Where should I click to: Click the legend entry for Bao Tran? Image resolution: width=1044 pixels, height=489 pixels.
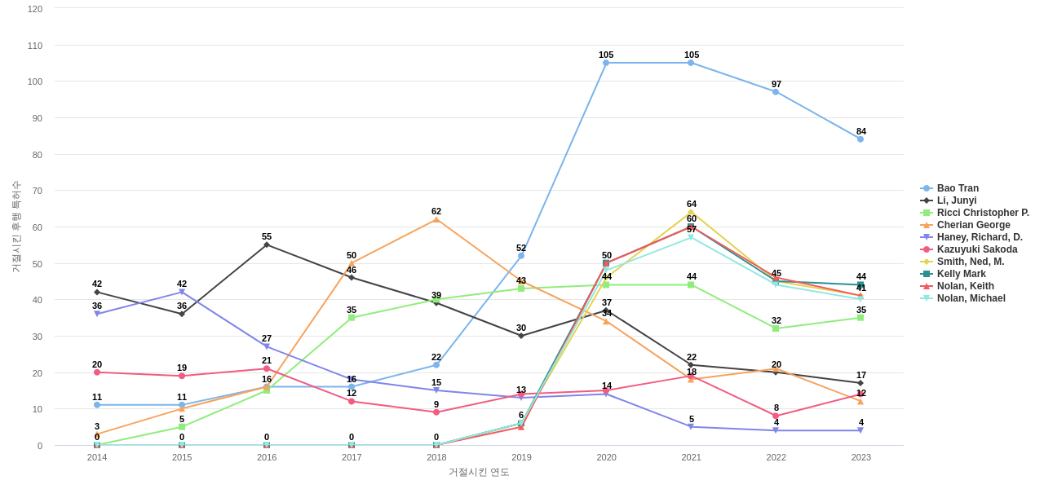coord(957,188)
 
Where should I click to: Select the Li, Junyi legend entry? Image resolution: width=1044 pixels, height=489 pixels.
coord(956,200)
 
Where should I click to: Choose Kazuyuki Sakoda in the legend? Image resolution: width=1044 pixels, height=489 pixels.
coord(976,249)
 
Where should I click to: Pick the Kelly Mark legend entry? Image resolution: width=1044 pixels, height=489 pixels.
coord(961,274)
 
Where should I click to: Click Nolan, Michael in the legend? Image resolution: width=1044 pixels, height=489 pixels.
coord(971,298)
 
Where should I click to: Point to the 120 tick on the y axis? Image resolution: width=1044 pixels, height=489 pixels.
coord(35,9)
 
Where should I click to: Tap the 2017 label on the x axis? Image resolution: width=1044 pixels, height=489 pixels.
coord(352,457)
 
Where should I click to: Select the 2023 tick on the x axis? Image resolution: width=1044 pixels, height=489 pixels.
coord(860,457)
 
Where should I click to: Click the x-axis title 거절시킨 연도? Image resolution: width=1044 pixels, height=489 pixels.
coord(479,472)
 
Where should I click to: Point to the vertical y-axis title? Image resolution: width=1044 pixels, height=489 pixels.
coord(15,227)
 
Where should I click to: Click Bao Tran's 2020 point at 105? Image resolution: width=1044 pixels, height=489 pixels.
coord(606,63)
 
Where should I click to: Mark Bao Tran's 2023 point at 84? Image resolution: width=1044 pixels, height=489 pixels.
coord(860,139)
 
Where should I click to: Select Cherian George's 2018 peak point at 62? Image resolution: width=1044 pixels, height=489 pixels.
coord(436,219)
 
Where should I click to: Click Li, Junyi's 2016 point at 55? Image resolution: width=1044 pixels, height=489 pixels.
coord(267,244)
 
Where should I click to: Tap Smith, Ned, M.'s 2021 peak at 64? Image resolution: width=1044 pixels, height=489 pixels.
coord(691,212)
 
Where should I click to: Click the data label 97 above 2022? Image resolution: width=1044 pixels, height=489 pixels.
coord(776,84)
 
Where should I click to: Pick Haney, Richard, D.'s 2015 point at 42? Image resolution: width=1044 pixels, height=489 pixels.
coord(182,292)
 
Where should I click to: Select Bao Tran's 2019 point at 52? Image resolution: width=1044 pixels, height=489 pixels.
coord(521,256)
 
